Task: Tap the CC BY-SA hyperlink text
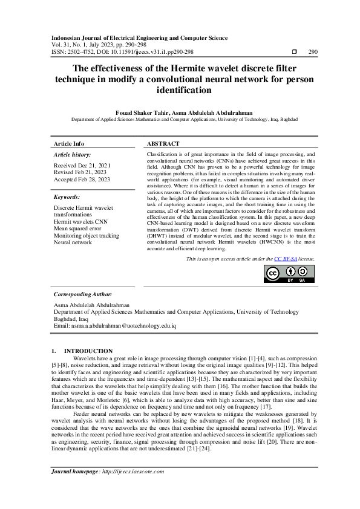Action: click(x=286, y=258)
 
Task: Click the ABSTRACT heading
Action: click(x=163, y=144)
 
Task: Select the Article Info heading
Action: click(x=70, y=144)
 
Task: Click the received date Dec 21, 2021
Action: click(x=82, y=165)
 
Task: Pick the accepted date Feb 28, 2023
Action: click(x=82, y=180)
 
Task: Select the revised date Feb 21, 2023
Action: click(x=81, y=172)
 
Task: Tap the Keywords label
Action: click(x=67, y=197)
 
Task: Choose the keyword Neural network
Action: click(x=73, y=242)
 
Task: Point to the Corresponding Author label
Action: click(x=82, y=294)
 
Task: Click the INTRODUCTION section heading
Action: click(x=88, y=351)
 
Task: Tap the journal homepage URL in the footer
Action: click(x=129, y=472)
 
